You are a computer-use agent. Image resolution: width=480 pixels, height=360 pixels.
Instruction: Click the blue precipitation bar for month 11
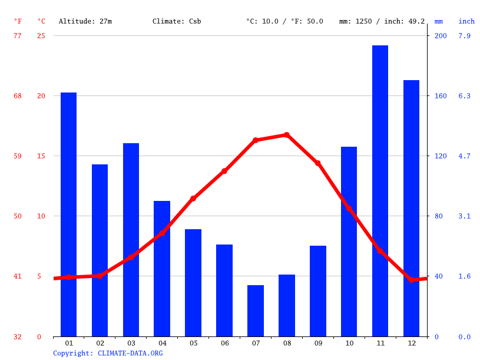(x=380, y=191)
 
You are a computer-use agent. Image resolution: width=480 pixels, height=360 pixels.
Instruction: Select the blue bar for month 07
(x=256, y=311)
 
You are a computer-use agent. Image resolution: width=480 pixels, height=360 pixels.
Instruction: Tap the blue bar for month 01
(x=69, y=214)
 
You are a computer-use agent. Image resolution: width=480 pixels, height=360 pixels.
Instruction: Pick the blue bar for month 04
(x=162, y=269)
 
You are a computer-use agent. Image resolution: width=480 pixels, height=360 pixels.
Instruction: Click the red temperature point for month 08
(x=287, y=135)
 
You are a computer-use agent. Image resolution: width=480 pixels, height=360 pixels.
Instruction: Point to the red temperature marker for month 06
(x=224, y=171)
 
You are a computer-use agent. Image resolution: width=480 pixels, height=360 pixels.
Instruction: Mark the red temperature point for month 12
(x=412, y=279)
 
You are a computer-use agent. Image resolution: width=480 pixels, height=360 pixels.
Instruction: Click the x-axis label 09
(x=318, y=343)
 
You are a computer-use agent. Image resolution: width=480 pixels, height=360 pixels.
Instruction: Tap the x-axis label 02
(x=100, y=343)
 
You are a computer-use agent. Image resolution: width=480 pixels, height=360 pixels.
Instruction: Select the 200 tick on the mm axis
(x=441, y=36)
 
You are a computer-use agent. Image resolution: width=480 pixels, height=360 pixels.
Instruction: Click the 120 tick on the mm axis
(x=441, y=156)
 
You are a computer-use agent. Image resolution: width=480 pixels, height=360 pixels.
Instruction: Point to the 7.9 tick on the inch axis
(x=465, y=36)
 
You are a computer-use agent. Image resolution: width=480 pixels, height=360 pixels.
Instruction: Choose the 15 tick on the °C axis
(x=39, y=156)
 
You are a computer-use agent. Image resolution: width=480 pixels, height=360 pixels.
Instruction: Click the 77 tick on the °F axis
(x=18, y=36)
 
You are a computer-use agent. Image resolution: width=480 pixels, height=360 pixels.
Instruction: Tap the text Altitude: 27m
(x=85, y=21)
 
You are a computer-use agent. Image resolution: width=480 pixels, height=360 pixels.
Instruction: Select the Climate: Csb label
(x=177, y=21)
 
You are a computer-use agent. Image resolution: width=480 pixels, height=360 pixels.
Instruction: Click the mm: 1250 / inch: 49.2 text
(x=382, y=21)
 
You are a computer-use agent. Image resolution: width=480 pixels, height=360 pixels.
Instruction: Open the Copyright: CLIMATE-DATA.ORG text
(x=108, y=353)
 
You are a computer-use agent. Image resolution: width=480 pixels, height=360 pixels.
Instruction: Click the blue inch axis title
(x=466, y=21)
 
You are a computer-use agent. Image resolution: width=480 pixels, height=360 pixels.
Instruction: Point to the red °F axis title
(x=18, y=21)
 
